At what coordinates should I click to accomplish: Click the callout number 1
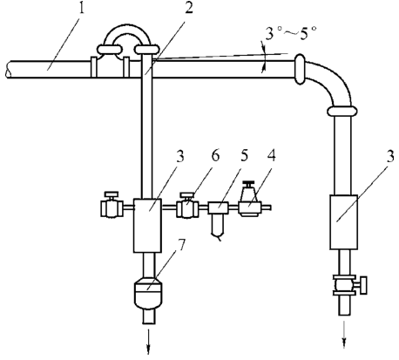(x=81, y=10)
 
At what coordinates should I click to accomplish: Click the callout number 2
(x=189, y=9)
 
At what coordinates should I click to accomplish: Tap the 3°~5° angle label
(x=291, y=32)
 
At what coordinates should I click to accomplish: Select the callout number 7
(x=181, y=246)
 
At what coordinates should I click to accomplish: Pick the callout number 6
(x=215, y=156)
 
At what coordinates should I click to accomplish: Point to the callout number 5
(x=244, y=155)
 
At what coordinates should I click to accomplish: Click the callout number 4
(x=272, y=155)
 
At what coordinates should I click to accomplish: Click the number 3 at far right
(x=390, y=156)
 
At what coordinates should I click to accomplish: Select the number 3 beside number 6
(x=180, y=156)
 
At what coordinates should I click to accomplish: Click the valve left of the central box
(x=112, y=205)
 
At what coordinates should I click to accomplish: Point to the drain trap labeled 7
(x=149, y=293)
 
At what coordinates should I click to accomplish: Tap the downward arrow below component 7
(x=148, y=342)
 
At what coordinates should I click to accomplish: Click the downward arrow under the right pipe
(x=344, y=335)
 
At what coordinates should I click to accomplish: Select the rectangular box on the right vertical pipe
(x=343, y=222)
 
